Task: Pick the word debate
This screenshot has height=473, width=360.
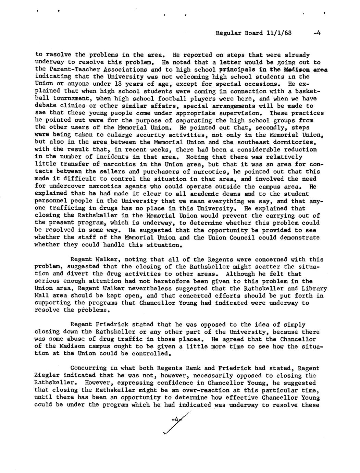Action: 44,106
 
